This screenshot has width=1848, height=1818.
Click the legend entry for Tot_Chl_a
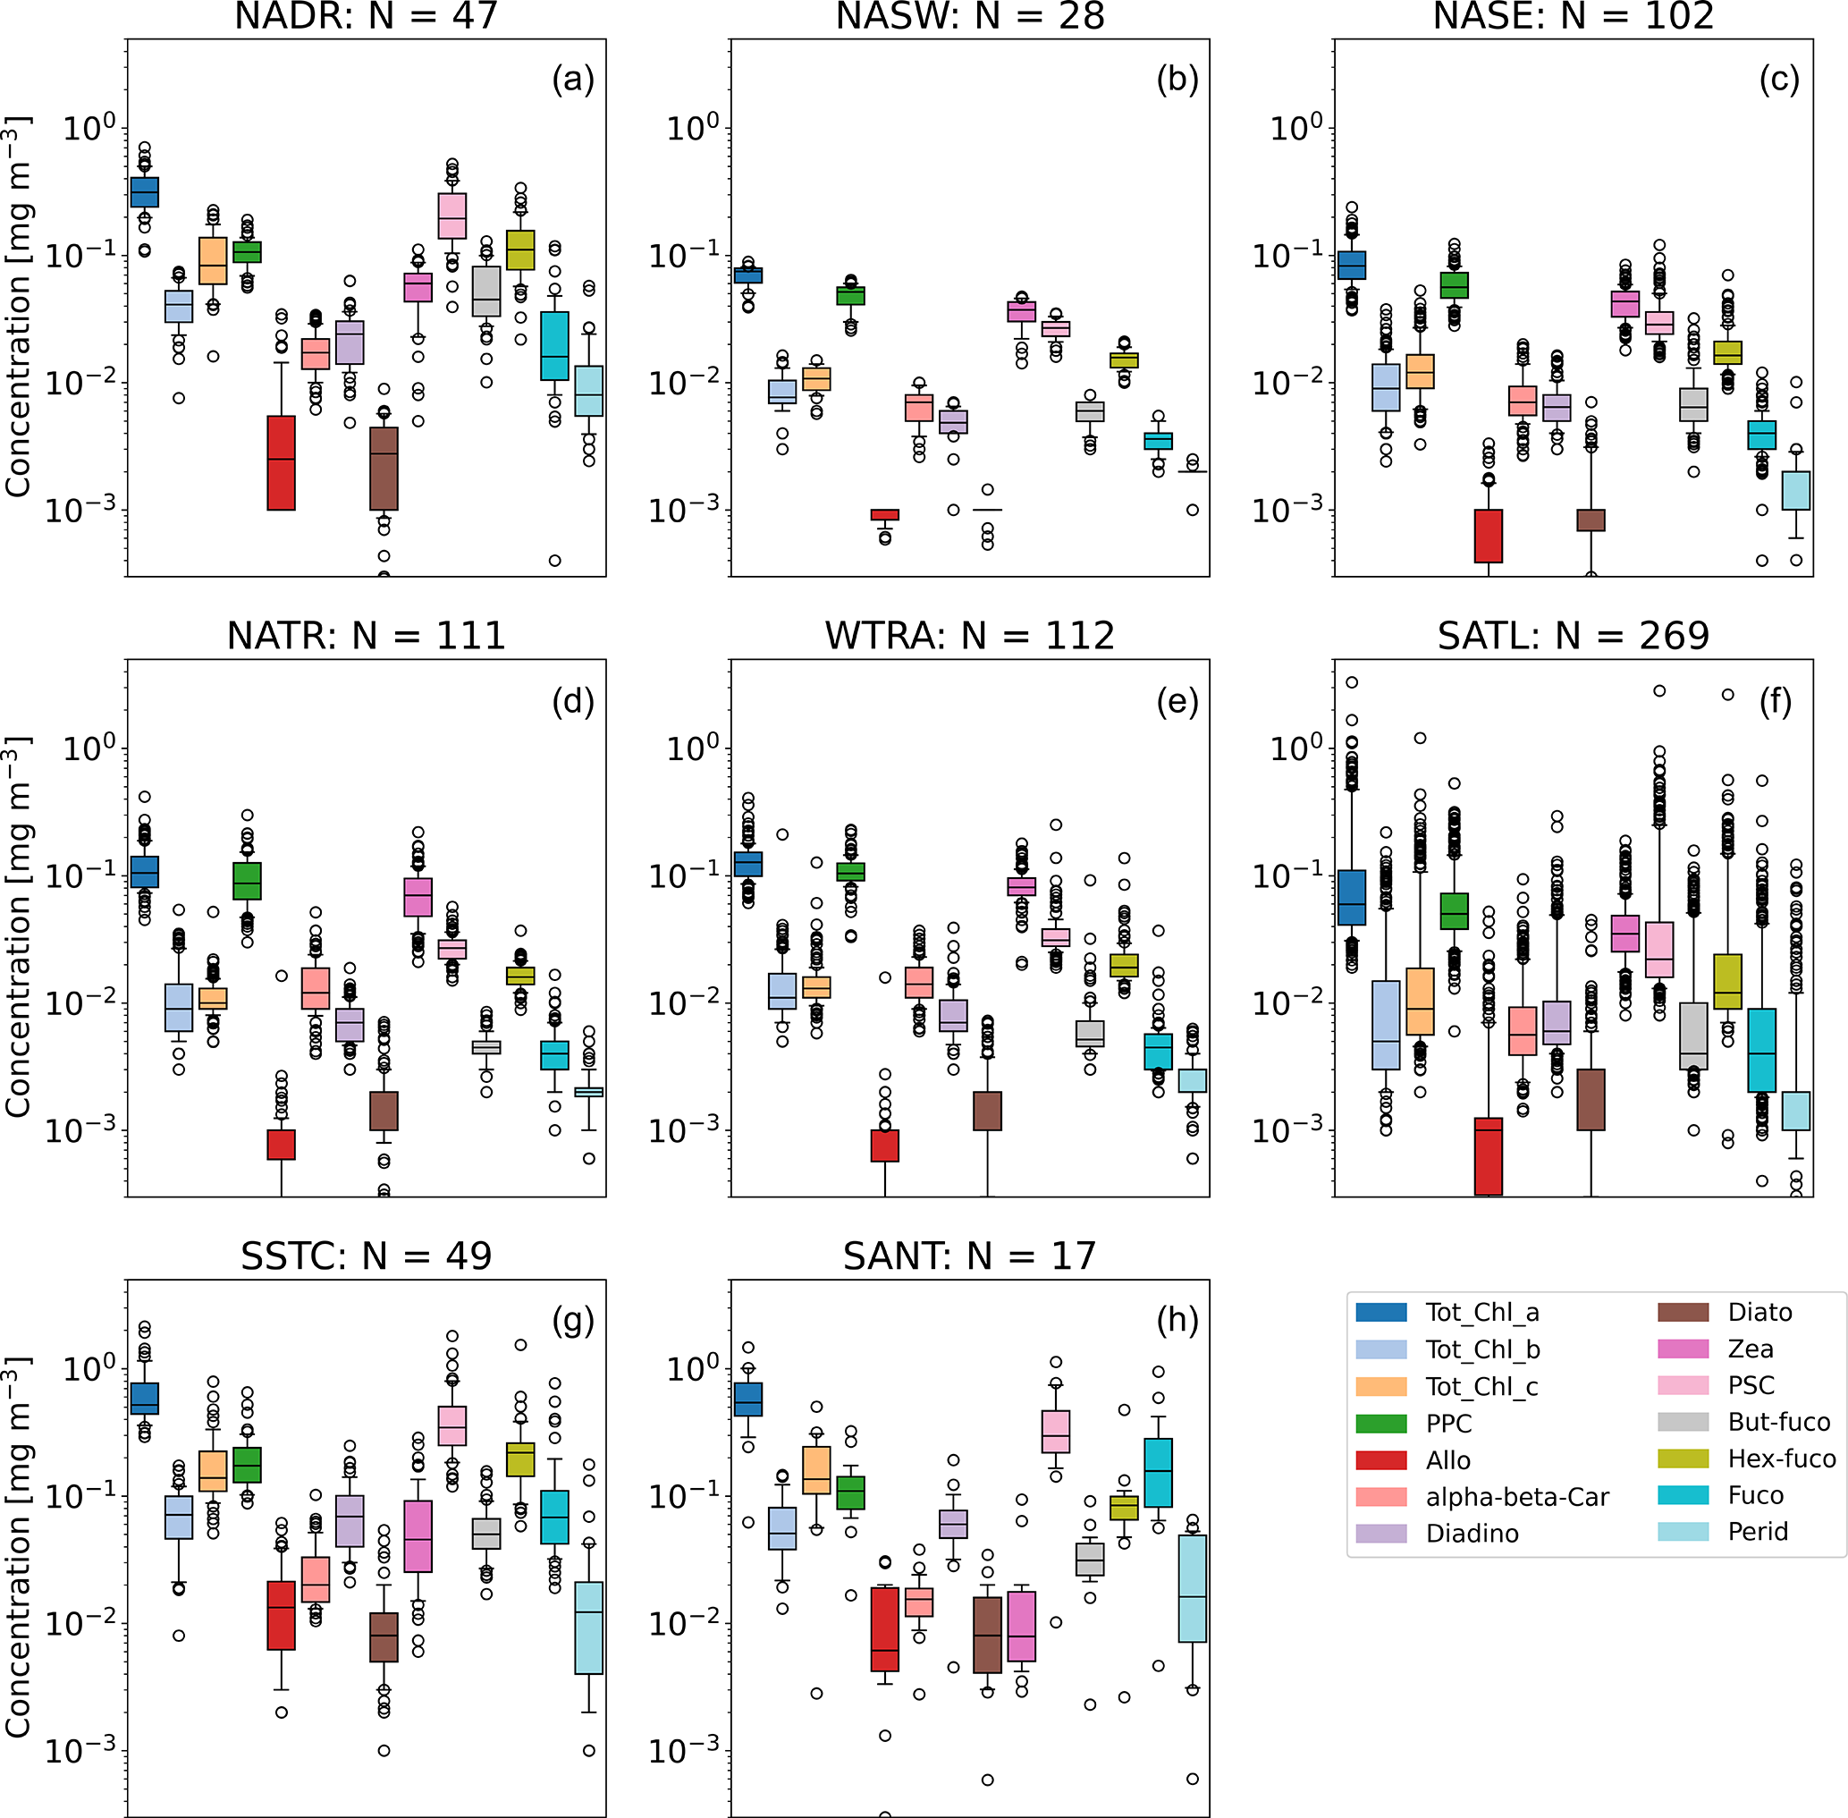click(x=1481, y=1313)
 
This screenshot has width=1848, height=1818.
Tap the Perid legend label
click(x=1758, y=1532)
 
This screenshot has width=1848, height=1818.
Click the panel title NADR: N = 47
click(x=366, y=16)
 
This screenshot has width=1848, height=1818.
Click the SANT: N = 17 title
click(x=969, y=1256)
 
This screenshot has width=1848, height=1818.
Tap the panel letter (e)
click(x=1177, y=702)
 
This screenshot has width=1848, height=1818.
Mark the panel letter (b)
click(x=1177, y=80)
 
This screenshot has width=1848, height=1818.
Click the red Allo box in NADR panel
click(x=281, y=463)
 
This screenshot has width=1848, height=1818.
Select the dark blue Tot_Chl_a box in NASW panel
click(x=748, y=275)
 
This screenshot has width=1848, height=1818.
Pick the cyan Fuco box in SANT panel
click(x=1158, y=1471)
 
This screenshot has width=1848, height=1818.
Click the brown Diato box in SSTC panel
click(x=384, y=1637)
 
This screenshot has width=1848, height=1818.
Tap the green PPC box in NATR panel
click(x=248, y=880)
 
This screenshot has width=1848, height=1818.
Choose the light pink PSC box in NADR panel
click(x=452, y=216)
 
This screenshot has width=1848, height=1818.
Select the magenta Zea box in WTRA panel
click(x=1021, y=886)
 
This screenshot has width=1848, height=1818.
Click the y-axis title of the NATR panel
click(x=17, y=926)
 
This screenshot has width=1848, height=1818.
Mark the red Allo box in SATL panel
click(x=1488, y=1155)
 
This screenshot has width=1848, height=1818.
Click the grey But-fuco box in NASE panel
click(x=1693, y=405)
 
